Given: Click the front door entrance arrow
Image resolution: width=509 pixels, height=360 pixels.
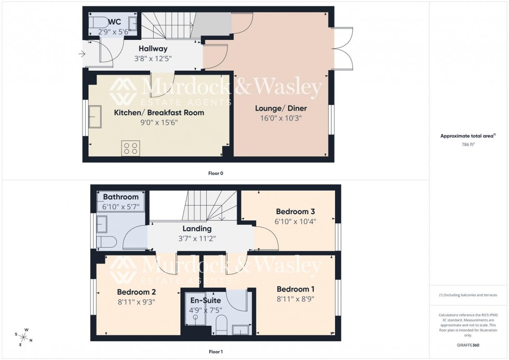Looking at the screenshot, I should [82, 54].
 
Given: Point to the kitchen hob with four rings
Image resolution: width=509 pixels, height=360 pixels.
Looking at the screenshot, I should [130, 148].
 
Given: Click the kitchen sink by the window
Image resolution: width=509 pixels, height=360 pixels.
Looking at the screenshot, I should [95, 116].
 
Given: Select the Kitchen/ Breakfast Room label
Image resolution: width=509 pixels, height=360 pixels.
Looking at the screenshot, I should [159, 113].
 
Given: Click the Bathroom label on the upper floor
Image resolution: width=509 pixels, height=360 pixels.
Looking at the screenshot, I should [120, 197].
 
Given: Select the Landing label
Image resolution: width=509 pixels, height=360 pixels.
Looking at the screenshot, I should [197, 229].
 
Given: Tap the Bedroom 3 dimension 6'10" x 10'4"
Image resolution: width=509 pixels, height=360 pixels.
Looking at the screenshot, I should [296, 221].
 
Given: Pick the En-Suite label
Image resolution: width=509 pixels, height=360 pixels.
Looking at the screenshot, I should [206, 300].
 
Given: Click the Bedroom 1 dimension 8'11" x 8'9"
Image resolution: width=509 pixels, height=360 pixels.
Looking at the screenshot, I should [296, 299].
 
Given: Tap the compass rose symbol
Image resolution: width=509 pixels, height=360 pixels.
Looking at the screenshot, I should [24, 337].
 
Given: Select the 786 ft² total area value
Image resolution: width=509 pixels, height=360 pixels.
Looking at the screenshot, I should [468, 145].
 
